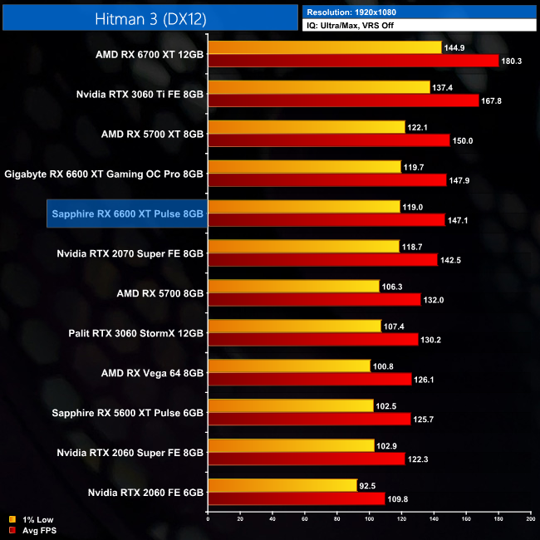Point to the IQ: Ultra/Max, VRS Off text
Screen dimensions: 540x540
357,25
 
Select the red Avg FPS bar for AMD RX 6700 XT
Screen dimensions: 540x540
353,61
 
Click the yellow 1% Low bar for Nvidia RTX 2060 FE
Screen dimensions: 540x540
282,485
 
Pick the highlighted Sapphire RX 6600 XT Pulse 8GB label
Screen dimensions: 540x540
127,214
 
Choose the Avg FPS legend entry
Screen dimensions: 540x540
35,530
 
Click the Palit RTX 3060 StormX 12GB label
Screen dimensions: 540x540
136,333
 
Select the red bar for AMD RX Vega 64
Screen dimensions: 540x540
309,380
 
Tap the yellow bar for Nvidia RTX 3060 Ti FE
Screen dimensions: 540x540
319,86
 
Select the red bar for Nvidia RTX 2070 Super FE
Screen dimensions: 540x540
322,260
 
